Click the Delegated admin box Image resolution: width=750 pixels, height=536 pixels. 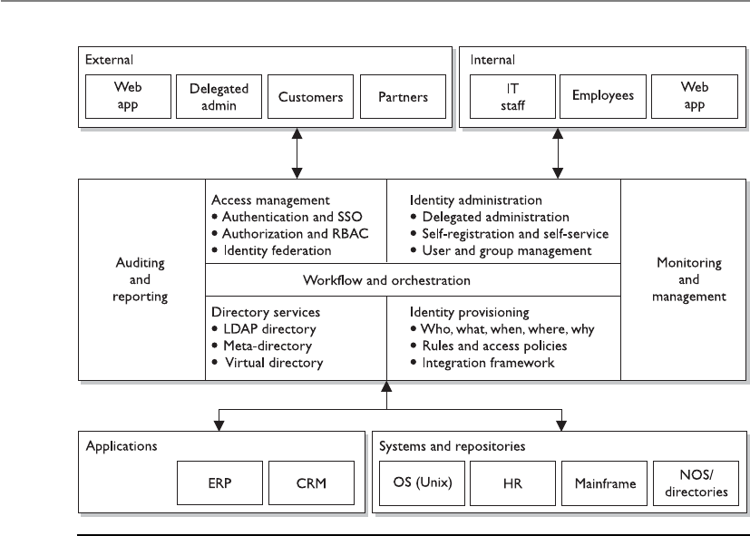(219, 96)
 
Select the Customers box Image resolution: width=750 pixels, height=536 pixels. (310, 96)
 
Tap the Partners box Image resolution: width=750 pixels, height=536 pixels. (404, 96)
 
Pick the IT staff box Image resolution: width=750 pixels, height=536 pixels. (512, 96)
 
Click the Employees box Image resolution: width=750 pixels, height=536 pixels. (603, 96)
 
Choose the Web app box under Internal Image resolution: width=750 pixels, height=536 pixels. (695, 96)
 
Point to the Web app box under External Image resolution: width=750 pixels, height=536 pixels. (128, 96)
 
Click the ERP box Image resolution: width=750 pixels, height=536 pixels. (220, 482)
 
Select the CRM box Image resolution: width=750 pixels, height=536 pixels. (311, 482)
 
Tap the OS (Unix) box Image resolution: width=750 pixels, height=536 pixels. (422, 482)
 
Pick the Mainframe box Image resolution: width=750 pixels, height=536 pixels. (605, 482)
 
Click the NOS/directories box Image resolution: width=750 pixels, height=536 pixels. (696, 482)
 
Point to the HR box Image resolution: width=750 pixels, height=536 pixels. (512, 482)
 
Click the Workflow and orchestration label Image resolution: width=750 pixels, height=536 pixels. (386, 280)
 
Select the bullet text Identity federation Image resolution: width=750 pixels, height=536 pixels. (277, 250)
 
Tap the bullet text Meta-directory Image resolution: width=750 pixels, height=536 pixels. (268, 346)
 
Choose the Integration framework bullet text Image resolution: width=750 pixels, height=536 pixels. (488, 363)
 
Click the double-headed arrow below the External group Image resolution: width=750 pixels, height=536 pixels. (297, 153)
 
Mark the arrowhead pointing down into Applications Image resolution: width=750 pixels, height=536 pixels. (219, 425)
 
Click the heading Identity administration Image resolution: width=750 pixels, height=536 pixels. (476, 200)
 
